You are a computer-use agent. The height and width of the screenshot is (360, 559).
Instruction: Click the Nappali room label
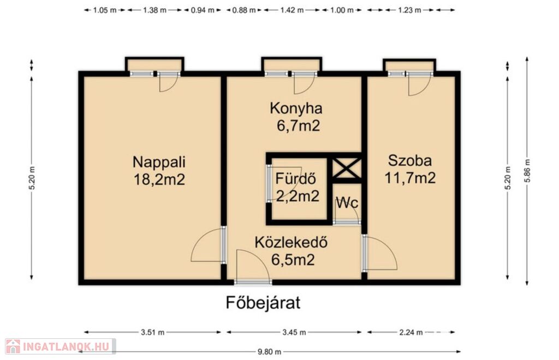coord(159,171)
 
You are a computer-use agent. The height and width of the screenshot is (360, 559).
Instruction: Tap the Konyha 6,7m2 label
coord(296,117)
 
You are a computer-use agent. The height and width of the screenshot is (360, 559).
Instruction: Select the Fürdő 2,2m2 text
coord(296,187)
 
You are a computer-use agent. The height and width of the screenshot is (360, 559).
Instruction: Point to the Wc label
coord(347,202)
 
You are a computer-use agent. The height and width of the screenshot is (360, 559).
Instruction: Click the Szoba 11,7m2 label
coord(410,169)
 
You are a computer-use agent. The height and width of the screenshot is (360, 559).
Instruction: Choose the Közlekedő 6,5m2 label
coord(292,251)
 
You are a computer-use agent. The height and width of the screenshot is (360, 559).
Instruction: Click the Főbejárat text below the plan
coord(263,303)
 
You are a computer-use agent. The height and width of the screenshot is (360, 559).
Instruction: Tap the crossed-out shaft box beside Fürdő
coord(346,168)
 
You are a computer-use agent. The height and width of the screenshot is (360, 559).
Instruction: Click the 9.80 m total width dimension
coord(270,352)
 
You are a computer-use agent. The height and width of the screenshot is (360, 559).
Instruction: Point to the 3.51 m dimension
coord(153,332)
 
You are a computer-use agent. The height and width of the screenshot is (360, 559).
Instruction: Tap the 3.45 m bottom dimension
coord(294,332)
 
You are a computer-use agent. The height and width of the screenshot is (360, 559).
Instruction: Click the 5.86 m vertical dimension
coord(527,171)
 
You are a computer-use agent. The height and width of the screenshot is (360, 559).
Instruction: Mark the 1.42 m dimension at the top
coord(292,10)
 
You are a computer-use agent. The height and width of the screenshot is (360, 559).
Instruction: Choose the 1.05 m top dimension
coord(105,10)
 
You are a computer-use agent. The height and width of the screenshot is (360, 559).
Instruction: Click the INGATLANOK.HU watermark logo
coord(60,346)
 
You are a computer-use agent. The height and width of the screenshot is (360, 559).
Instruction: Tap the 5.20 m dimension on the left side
coord(32,178)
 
